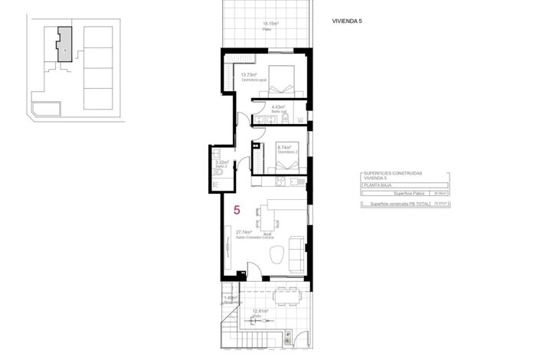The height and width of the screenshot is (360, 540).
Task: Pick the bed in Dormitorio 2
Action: (290, 158)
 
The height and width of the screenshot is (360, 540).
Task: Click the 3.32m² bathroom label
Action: (222, 162)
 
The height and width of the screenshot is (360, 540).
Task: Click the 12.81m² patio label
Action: (258, 310)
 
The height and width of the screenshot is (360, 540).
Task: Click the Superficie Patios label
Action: (407, 194)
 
